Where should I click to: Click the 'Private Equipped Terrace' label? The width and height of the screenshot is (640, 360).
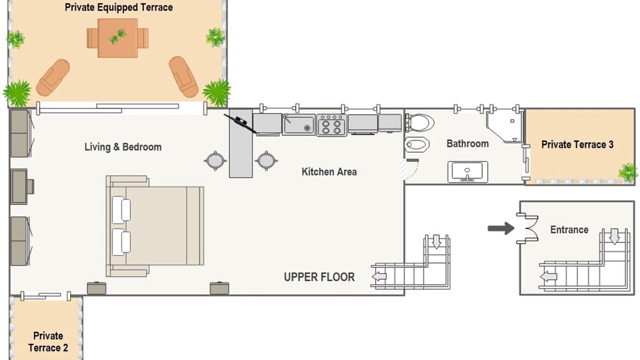118,7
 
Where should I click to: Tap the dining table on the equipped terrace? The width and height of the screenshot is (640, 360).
117,38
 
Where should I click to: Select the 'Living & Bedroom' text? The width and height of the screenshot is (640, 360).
123,147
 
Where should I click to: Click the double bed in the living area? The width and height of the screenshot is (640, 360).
155,226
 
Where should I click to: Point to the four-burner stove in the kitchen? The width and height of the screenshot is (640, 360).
331,125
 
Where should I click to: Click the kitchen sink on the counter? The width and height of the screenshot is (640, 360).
299,124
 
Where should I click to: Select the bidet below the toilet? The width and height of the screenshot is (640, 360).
417,144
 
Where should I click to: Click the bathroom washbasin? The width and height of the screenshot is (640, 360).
467,171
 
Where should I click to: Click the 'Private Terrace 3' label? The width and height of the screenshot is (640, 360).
577,144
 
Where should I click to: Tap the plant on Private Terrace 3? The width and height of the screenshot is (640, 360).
628,172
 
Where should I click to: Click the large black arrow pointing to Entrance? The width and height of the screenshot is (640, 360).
501,228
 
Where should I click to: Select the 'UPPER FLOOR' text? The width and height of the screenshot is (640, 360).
319,277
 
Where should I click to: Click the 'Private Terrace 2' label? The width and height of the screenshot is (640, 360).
48,342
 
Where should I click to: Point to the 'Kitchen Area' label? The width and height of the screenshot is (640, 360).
329,171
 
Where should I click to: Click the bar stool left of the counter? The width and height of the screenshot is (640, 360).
215,160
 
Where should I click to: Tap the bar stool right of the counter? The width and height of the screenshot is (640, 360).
266,160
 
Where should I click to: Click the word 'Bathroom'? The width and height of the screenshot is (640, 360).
467,143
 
